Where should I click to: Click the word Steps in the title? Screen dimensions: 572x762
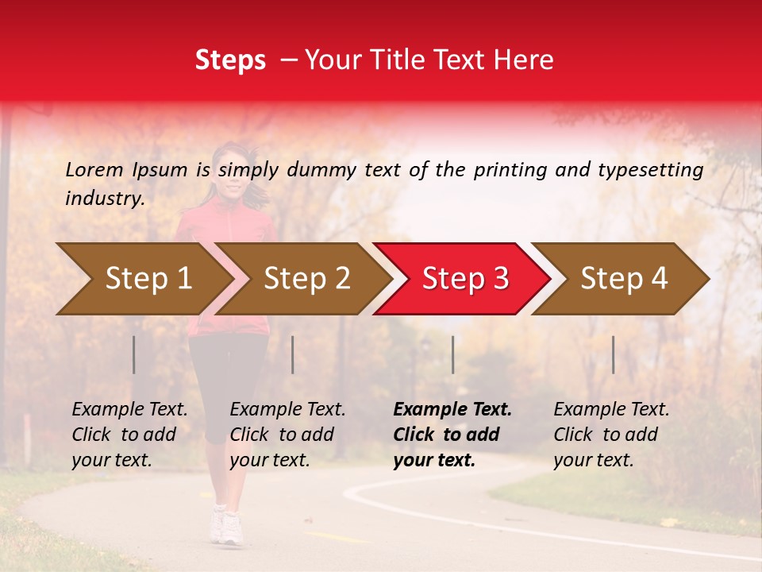[230, 60]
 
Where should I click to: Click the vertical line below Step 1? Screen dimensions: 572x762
[134, 354]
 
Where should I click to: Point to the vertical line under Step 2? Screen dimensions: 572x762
[293, 354]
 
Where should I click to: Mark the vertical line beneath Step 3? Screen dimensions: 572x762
[453, 354]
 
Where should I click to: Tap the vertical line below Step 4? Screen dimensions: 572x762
[614, 354]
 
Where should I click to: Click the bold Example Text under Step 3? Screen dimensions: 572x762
[452, 410]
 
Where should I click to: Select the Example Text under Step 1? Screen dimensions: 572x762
[129, 410]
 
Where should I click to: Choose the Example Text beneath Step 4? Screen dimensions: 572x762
[611, 410]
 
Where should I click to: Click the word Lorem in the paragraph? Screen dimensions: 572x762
[94, 169]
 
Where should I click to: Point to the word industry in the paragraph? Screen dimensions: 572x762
[105, 199]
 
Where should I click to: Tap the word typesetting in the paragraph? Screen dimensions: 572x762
[651, 170]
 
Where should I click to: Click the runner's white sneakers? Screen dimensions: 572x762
[226, 526]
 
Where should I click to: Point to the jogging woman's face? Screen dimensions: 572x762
[231, 168]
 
